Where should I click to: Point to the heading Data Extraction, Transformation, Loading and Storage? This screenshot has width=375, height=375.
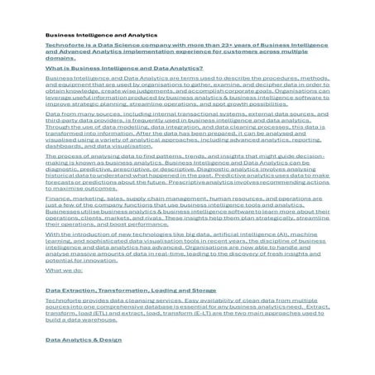click(119, 291)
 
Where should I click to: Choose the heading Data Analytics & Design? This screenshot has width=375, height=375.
click(84, 339)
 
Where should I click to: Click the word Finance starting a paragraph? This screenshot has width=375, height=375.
click(57, 199)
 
